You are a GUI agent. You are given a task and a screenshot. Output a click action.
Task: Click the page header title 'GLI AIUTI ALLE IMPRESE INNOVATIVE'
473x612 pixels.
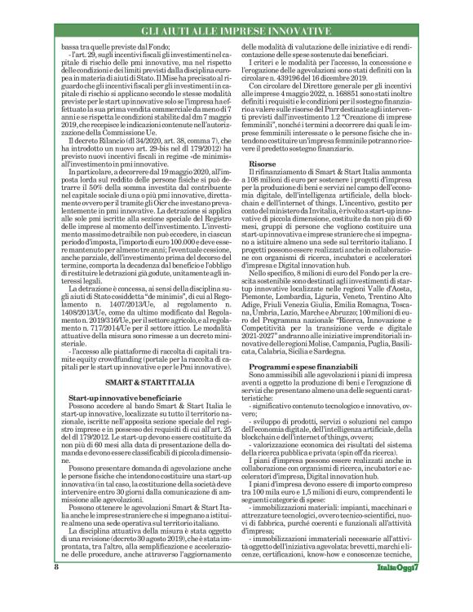point(236,31)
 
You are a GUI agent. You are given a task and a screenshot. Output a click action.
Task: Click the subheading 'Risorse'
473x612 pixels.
point(261,187)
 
